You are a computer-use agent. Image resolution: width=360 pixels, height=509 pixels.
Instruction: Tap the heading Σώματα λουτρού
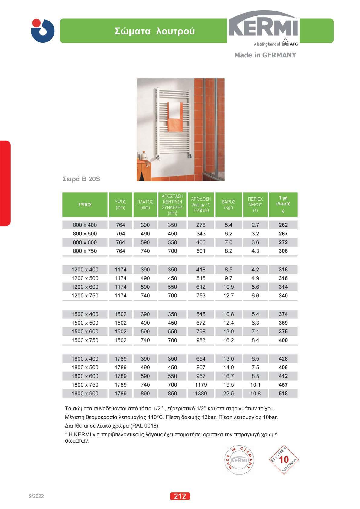pos(154,31)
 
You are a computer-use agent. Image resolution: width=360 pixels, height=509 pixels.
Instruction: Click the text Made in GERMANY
pos(265,55)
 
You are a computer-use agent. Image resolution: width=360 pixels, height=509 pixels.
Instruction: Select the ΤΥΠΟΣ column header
pos(85,205)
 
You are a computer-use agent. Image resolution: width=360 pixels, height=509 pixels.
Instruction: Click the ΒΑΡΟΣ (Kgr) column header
pos(229,205)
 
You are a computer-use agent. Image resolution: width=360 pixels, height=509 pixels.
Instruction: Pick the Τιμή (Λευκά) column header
pos(283,205)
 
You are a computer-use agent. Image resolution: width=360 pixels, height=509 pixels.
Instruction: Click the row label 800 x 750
pos(85,251)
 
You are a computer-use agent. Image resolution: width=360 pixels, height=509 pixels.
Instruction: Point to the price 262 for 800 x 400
pos(283,225)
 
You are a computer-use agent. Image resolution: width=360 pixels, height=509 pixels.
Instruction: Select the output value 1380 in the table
pos(201,394)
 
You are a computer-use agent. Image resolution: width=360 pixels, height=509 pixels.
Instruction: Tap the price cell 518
pos(283,394)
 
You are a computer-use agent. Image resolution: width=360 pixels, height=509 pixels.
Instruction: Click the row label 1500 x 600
pos(85,332)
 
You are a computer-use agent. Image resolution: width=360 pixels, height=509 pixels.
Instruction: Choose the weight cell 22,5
pos(229,394)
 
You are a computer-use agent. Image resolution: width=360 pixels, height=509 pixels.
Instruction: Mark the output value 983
pos(201,340)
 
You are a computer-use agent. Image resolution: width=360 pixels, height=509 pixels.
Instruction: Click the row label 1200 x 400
pos(85,270)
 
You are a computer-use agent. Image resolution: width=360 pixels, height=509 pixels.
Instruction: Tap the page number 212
pos(180,496)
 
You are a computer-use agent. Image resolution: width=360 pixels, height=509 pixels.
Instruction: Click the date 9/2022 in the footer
pos(36,496)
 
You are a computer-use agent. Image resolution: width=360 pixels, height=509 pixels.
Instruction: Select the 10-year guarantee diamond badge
pos(284,460)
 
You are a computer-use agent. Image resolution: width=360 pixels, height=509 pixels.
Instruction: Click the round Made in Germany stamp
pos(239,460)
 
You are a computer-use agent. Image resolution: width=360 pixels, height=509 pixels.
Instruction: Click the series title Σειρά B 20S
pos(81,179)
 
